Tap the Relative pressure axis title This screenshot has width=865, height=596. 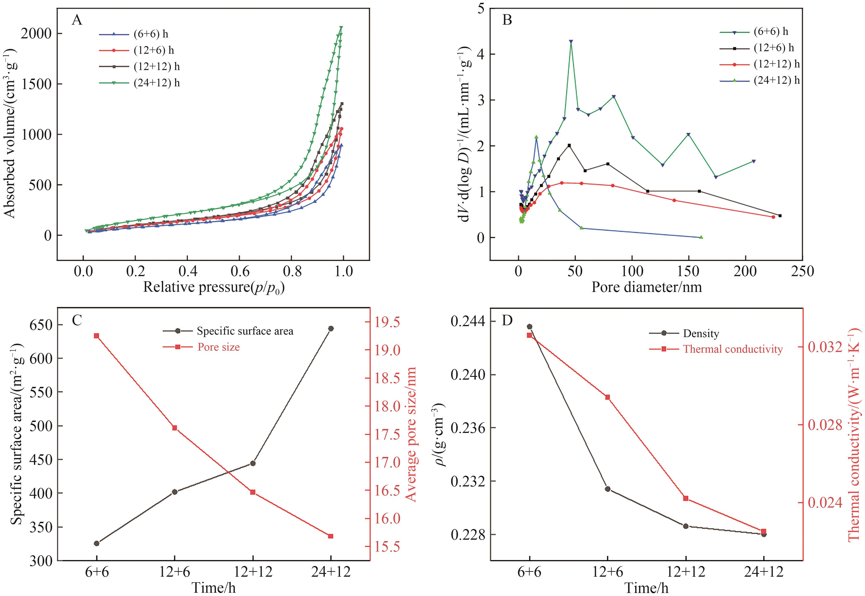click(x=214, y=287)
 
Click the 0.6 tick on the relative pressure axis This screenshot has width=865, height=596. click(x=240, y=271)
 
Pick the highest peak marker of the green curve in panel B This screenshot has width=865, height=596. click(x=571, y=42)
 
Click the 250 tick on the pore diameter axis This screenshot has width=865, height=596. click(x=802, y=271)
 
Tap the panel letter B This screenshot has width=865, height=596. click(x=507, y=20)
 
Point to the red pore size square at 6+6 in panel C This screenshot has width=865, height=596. click(x=96, y=336)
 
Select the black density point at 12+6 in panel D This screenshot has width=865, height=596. click(x=607, y=489)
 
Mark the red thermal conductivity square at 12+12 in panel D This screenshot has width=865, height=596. click(x=685, y=498)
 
